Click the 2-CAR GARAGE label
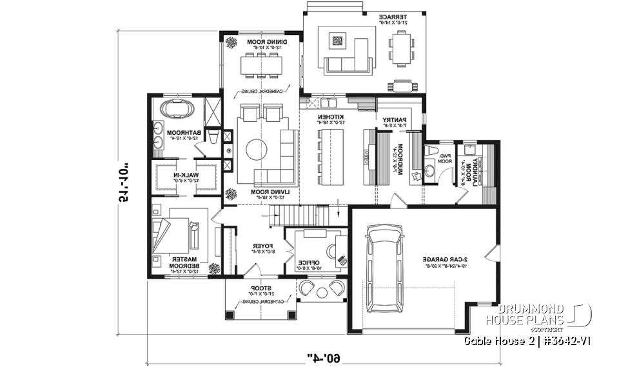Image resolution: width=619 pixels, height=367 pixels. pos(444,259)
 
